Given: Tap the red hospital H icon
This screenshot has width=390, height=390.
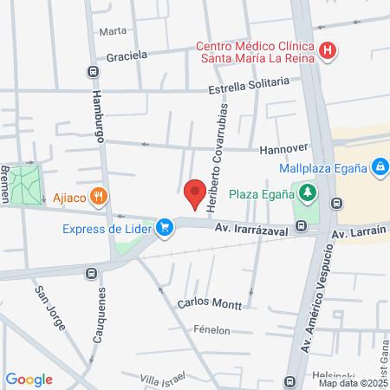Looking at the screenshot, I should [328, 51].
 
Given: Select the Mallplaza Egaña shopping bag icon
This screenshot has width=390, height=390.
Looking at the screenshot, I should [379, 166].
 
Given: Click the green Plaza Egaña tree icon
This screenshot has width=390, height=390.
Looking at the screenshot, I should [307, 192].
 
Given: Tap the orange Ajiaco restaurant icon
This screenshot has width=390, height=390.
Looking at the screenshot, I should [101, 197].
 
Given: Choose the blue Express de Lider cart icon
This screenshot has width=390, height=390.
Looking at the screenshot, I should [163, 228].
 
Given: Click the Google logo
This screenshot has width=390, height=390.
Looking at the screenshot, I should [29, 379].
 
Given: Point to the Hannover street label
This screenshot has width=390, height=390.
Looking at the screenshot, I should [284, 148].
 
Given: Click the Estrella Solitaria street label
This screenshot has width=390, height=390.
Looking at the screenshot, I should [248, 85].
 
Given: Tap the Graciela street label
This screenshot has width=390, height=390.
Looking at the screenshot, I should [127, 56].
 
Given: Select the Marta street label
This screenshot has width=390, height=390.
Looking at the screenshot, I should [113, 31].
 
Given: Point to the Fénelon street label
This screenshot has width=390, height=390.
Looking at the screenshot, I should [211, 330].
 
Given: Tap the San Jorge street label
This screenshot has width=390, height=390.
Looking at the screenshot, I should [50, 305].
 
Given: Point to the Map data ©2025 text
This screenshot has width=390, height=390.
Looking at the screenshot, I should [353, 383].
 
